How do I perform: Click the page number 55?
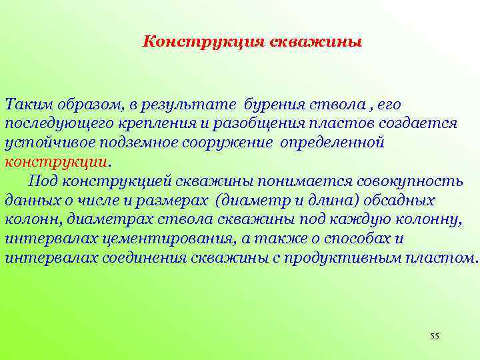coord(435,336)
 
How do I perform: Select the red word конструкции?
coord(55,162)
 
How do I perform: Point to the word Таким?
coord(25,105)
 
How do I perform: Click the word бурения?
coord(273,105)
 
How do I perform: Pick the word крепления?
coord(149,124)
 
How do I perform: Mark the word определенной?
coord(333,143)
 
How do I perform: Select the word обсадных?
coord(399,200)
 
